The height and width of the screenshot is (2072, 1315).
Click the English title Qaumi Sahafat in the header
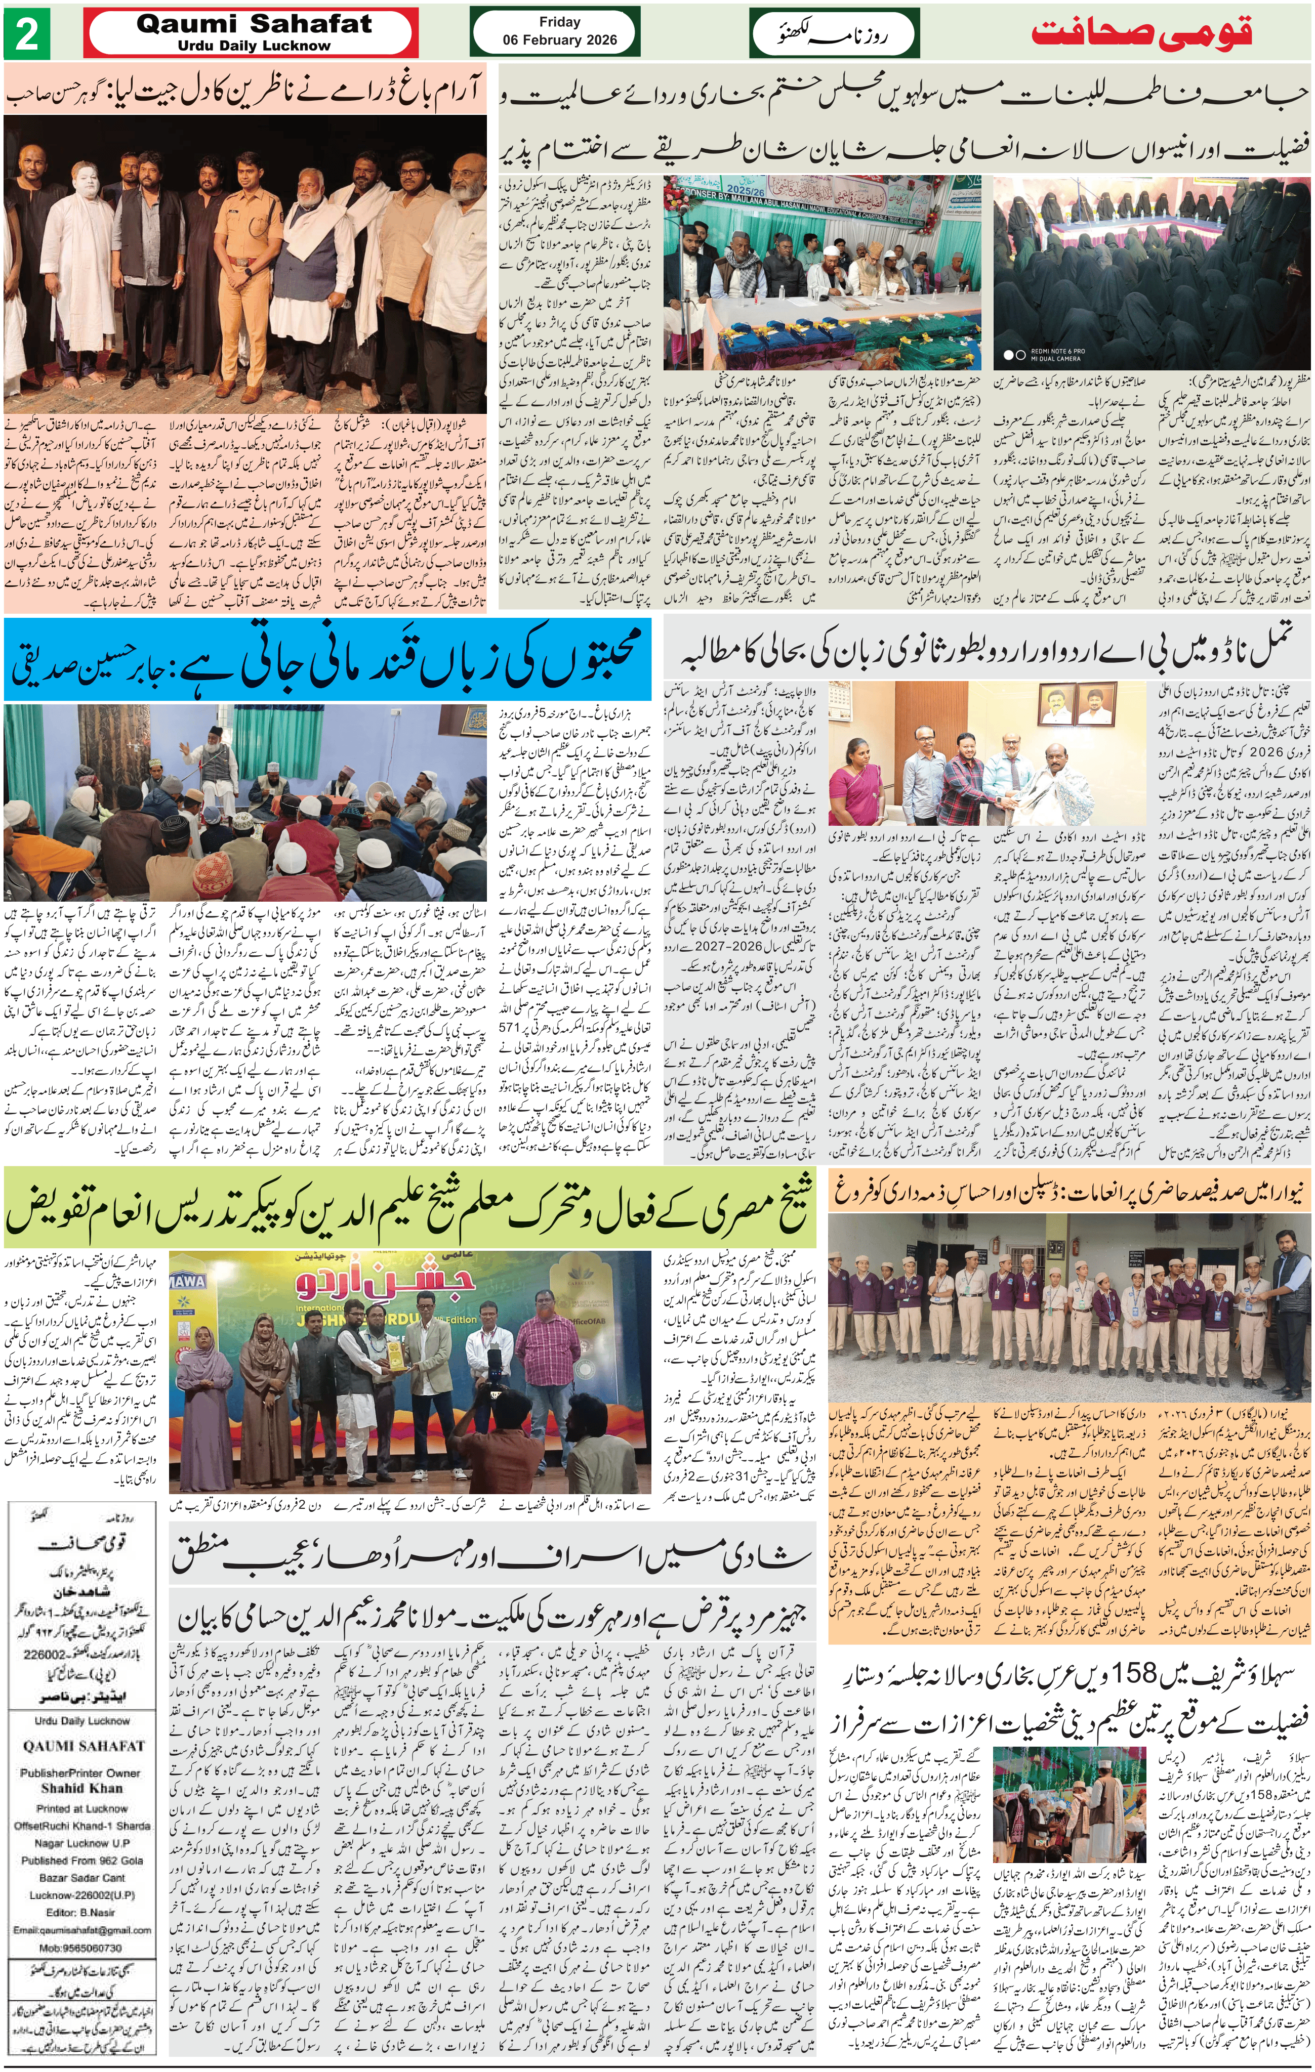[254, 24]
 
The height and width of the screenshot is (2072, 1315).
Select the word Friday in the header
[559, 22]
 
